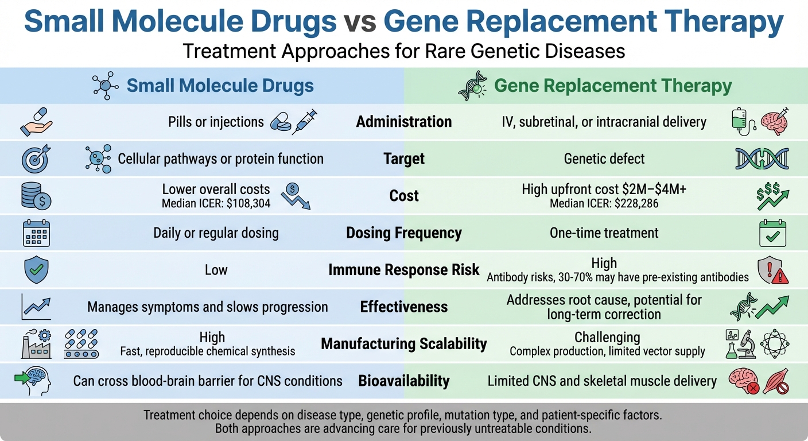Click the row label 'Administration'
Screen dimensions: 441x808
coord(403,122)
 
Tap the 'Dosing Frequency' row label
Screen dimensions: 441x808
coord(403,233)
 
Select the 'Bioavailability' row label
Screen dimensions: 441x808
coord(403,381)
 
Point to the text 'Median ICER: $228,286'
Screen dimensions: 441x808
coord(604,203)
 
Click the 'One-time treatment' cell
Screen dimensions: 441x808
coord(604,233)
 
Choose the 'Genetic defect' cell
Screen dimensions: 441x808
coord(604,158)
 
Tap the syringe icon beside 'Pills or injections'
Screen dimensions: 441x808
coord(304,122)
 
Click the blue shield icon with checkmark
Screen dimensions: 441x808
coord(36,269)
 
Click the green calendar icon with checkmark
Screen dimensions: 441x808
coord(772,233)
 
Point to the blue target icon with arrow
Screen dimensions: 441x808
coord(36,158)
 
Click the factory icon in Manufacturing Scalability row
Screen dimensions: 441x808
coord(36,343)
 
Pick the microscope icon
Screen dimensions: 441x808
coord(749,343)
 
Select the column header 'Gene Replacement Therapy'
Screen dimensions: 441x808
coord(612,86)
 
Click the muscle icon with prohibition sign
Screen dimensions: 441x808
coord(775,381)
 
